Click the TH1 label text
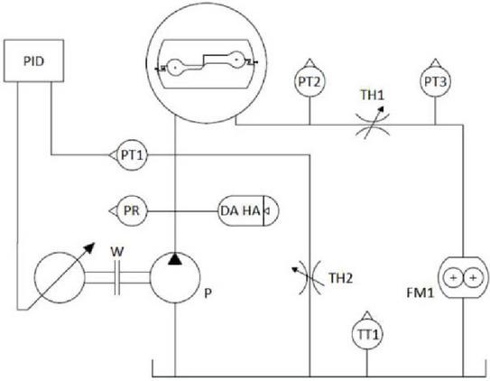[x=372, y=95]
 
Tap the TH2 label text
[x=340, y=278]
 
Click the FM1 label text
[x=421, y=293]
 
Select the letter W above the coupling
[x=117, y=252]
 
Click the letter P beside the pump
[x=208, y=293]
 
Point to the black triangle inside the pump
[x=175, y=259]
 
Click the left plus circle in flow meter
[x=453, y=277]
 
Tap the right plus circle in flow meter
[x=473, y=277]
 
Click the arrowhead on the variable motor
[x=89, y=247]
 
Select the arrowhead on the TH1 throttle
[x=381, y=110]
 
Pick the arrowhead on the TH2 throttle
[x=295, y=270]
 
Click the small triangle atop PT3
[x=435, y=62]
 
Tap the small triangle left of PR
[x=113, y=211]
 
